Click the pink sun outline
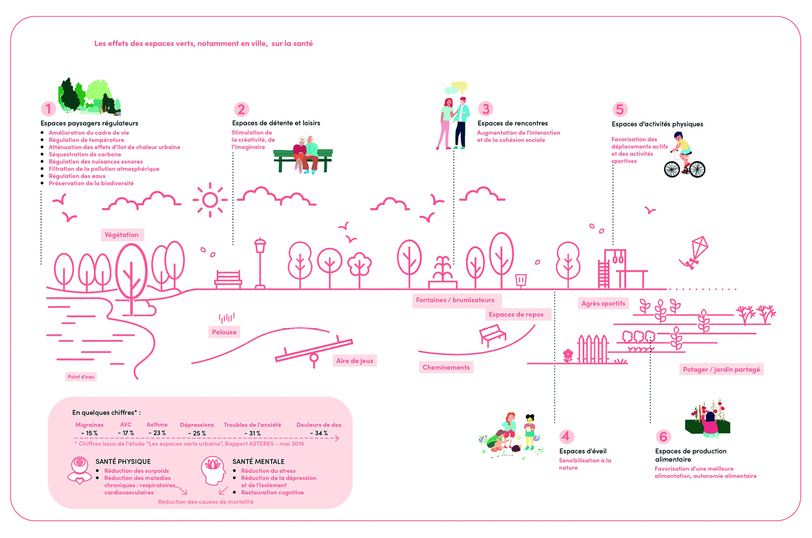(x=210, y=200)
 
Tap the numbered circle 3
(x=486, y=109)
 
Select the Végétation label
(x=122, y=235)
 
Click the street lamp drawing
(x=260, y=263)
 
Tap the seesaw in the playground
(x=314, y=351)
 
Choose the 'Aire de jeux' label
(x=355, y=361)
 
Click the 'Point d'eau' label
(x=81, y=377)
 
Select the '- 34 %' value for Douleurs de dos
(x=319, y=433)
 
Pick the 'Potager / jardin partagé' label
(x=721, y=369)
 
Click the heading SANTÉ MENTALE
(x=259, y=461)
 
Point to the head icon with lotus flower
(x=213, y=471)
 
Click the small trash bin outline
(x=521, y=281)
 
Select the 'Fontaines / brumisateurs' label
(x=455, y=301)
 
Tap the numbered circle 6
(x=663, y=437)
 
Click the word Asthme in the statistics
(x=157, y=425)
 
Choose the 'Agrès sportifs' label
(x=603, y=303)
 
